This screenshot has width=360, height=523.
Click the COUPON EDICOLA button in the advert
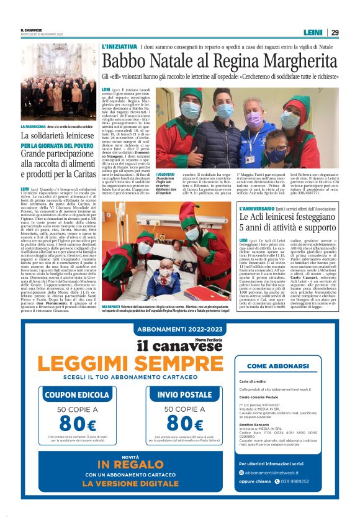[68, 394]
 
